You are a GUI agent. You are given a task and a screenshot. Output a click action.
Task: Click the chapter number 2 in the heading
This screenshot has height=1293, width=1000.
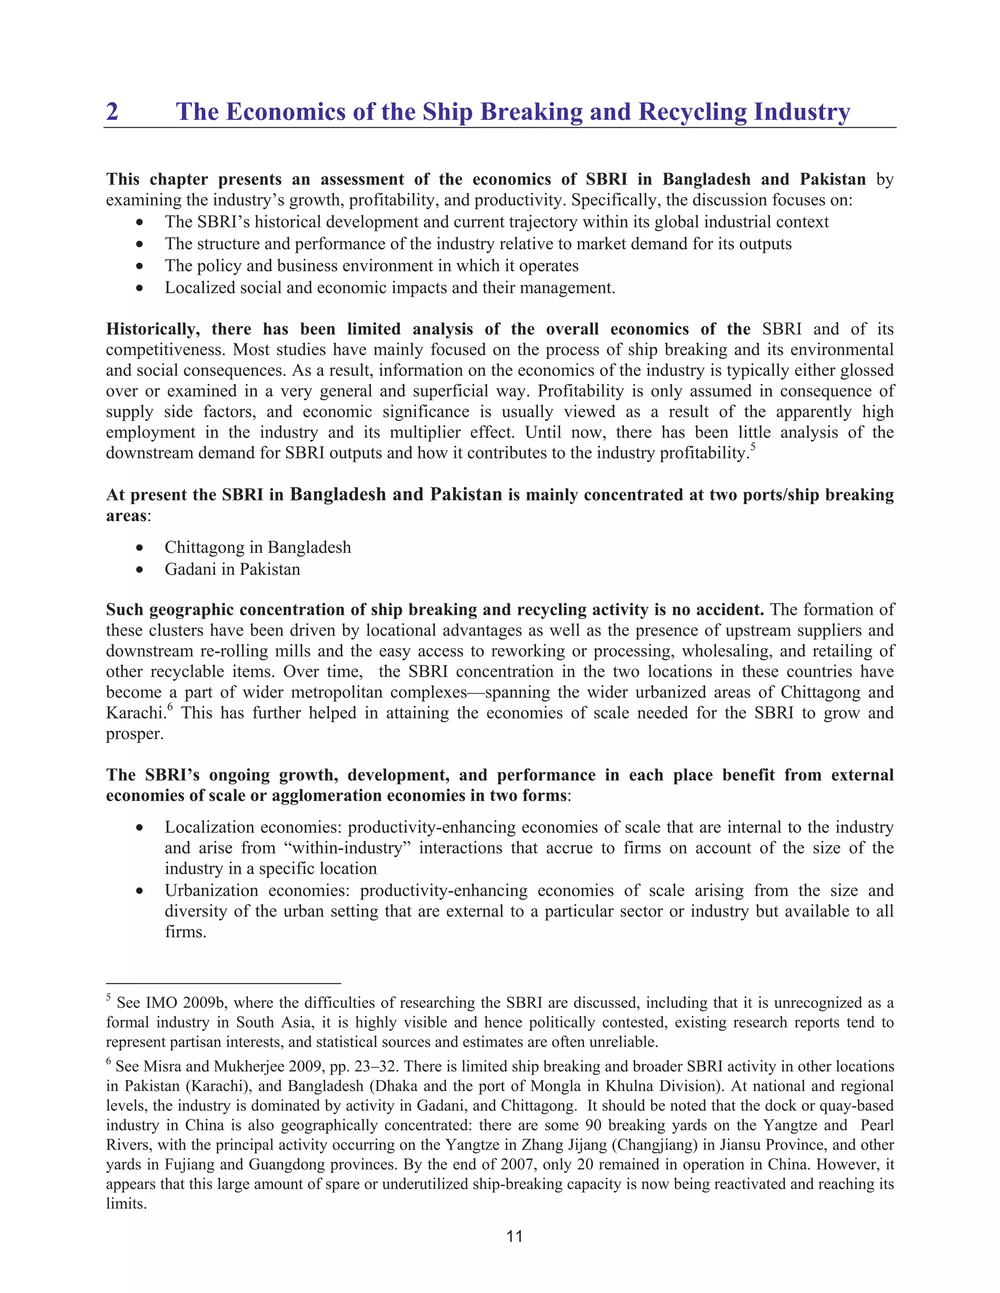(x=112, y=112)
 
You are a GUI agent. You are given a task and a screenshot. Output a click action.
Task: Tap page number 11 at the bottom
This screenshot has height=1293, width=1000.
(x=514, y=1236)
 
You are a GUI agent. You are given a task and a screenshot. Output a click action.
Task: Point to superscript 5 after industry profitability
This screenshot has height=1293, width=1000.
(x=753, y=447)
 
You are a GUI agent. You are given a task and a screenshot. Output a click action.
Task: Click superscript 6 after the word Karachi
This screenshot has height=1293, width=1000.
(x=169, y=707)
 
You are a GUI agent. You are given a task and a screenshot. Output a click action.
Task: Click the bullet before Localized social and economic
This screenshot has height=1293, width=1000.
(x=139, y=289)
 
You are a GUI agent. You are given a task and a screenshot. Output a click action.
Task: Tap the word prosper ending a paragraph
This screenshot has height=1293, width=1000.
(x=133, y=735)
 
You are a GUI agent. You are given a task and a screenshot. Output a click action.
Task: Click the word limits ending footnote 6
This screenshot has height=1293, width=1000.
(x=125, y=1204)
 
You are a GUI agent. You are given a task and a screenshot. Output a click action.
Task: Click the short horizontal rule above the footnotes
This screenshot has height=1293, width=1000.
(x=223, y=983)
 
